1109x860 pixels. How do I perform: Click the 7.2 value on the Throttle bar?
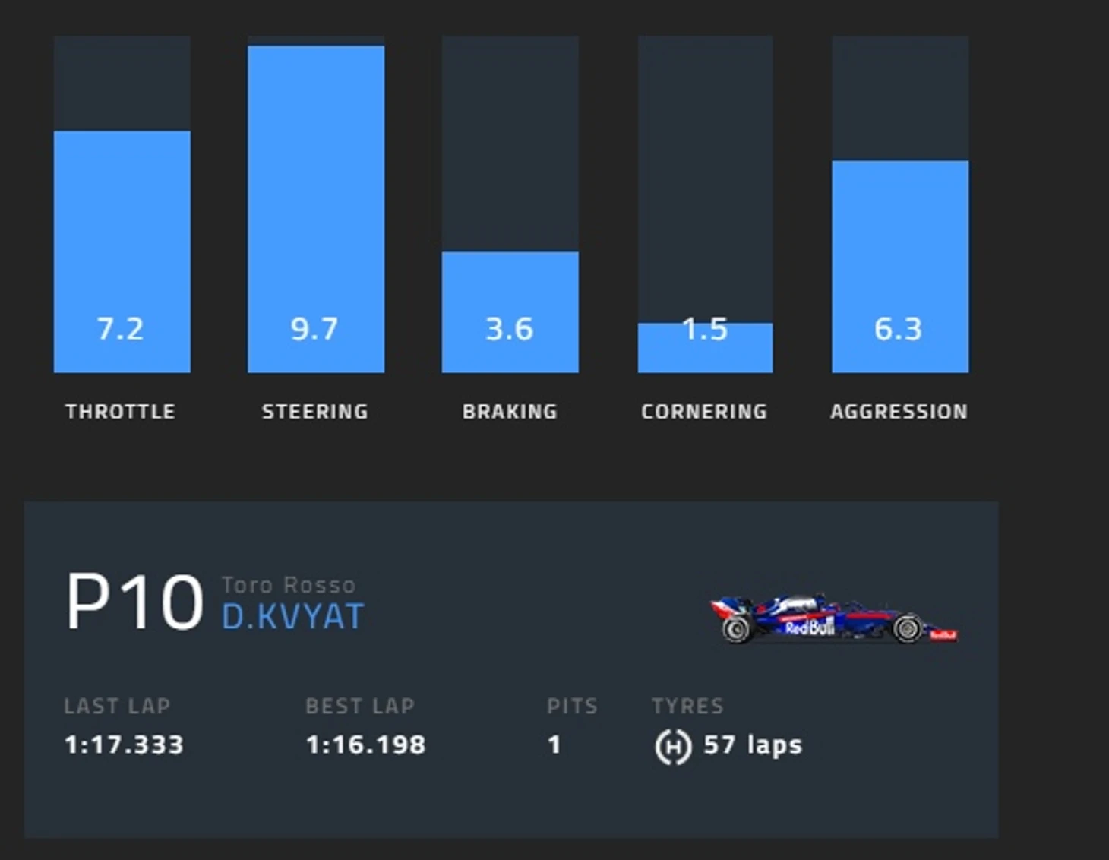pyautogui.click(x=120, y=329)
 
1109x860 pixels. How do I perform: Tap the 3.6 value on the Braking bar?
pyautogui.click(x=509, y=329)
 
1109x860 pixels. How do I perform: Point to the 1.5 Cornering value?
pyautogui.click(x=705, y=329)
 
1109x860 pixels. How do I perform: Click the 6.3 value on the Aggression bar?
pyautogui.click(x=898, y=329)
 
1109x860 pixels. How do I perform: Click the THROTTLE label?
pyautogui.click(x=120, y=412)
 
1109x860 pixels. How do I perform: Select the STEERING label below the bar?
pyautogui.click(x=315, y=412)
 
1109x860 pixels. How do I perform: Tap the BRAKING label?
pyautogui.click(x=510, y=412)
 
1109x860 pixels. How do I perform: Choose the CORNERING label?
pyautogui.click(x=704, y=412)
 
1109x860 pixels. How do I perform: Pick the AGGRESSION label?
pyautogui.click(x=899, y=412)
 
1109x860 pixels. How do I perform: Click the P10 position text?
pyautogui.click(x=134, y=602)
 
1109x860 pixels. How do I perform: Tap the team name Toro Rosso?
pyautogui.click(x=289, y=585)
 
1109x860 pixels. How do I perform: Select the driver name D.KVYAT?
pyautogui.click(x=292, y=617)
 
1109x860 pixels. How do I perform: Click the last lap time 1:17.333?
pyautogui.click(x=124, y=745)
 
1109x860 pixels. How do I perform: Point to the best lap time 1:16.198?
pyautogui.click(x=365, y=745)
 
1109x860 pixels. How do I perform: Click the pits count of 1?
pyautogui.click(x=554, y=745)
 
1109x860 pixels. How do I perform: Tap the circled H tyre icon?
pyautogui.click(x=673, y=746)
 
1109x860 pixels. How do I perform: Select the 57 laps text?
pyautogui.click(x=753, y=745)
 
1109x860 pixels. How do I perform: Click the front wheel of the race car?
pyautogui.click(x=908, y=629)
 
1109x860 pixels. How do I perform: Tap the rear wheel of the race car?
pyautogui.click(x=736, y=629)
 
